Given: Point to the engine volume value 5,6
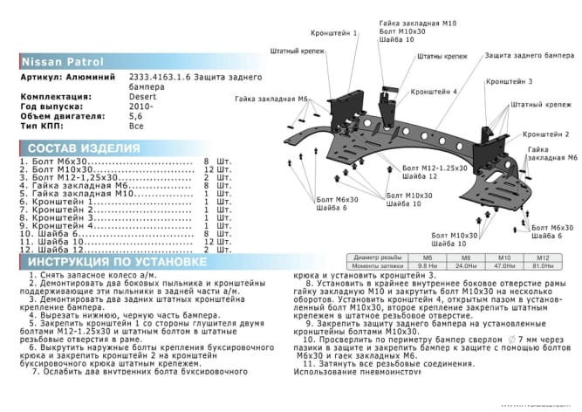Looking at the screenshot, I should (136, 115).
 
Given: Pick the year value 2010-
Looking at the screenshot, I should (142, 106).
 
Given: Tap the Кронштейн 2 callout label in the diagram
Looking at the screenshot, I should (546, 134).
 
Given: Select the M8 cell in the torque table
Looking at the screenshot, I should (465, 257).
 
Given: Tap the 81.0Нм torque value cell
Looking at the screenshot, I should (542, 265).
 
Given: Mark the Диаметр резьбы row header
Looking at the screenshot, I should (380, 257).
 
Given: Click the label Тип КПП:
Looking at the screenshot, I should (41, 125).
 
